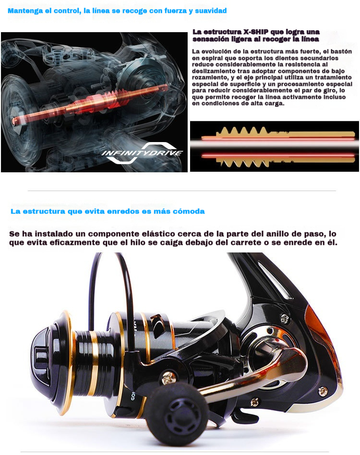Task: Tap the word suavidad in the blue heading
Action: tap(211, 11)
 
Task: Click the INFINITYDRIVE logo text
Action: tap(142, 153)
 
